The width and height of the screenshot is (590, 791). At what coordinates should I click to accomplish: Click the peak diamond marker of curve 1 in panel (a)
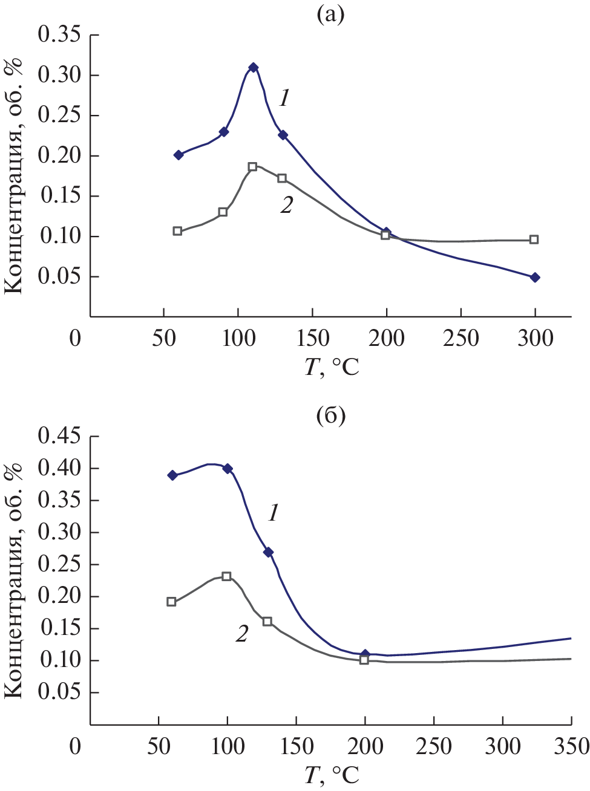click(x=254, y=67)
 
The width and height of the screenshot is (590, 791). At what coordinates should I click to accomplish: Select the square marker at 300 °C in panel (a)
click(x=534, y=239)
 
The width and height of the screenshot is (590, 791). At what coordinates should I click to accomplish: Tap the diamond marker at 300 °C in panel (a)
click(x=535, y=278)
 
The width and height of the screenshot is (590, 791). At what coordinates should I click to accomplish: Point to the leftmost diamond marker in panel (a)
click(x=179, y=155)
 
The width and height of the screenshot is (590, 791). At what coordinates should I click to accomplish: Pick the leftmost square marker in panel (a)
click(x=177, y=231)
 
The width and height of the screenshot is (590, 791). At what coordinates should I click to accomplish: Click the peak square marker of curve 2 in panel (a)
click(x=252, y=167)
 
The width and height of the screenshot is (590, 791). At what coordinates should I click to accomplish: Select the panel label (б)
click(x=330, y=415)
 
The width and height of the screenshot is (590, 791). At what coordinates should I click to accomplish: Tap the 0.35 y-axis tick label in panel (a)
click(x=59, y=35)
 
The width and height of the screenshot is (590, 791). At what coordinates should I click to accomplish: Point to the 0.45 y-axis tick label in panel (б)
click(x=59, y=436)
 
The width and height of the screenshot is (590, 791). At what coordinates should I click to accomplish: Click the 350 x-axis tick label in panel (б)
click(x=572, y=746)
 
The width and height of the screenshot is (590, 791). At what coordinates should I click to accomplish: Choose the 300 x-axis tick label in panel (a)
click(x=535, y=338)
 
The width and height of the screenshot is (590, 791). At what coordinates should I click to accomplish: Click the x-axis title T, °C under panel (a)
click(x=332, y=366)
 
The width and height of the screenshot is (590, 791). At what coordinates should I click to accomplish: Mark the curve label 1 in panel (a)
click(x=284, y=97)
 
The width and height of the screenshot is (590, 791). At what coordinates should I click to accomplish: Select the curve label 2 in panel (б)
click(x=242, y=634)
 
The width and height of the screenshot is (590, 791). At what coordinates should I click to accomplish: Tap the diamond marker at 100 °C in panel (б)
click(x=228, y=469)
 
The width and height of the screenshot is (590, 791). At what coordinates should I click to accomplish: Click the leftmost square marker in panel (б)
click(x=171, y=602)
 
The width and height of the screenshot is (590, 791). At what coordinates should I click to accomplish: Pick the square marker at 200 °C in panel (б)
click(x=364, y=660)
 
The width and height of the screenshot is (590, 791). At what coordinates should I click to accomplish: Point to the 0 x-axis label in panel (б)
click(x=75, y=746)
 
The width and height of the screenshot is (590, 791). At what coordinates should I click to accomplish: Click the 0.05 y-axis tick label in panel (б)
click(x=59, y=692)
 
